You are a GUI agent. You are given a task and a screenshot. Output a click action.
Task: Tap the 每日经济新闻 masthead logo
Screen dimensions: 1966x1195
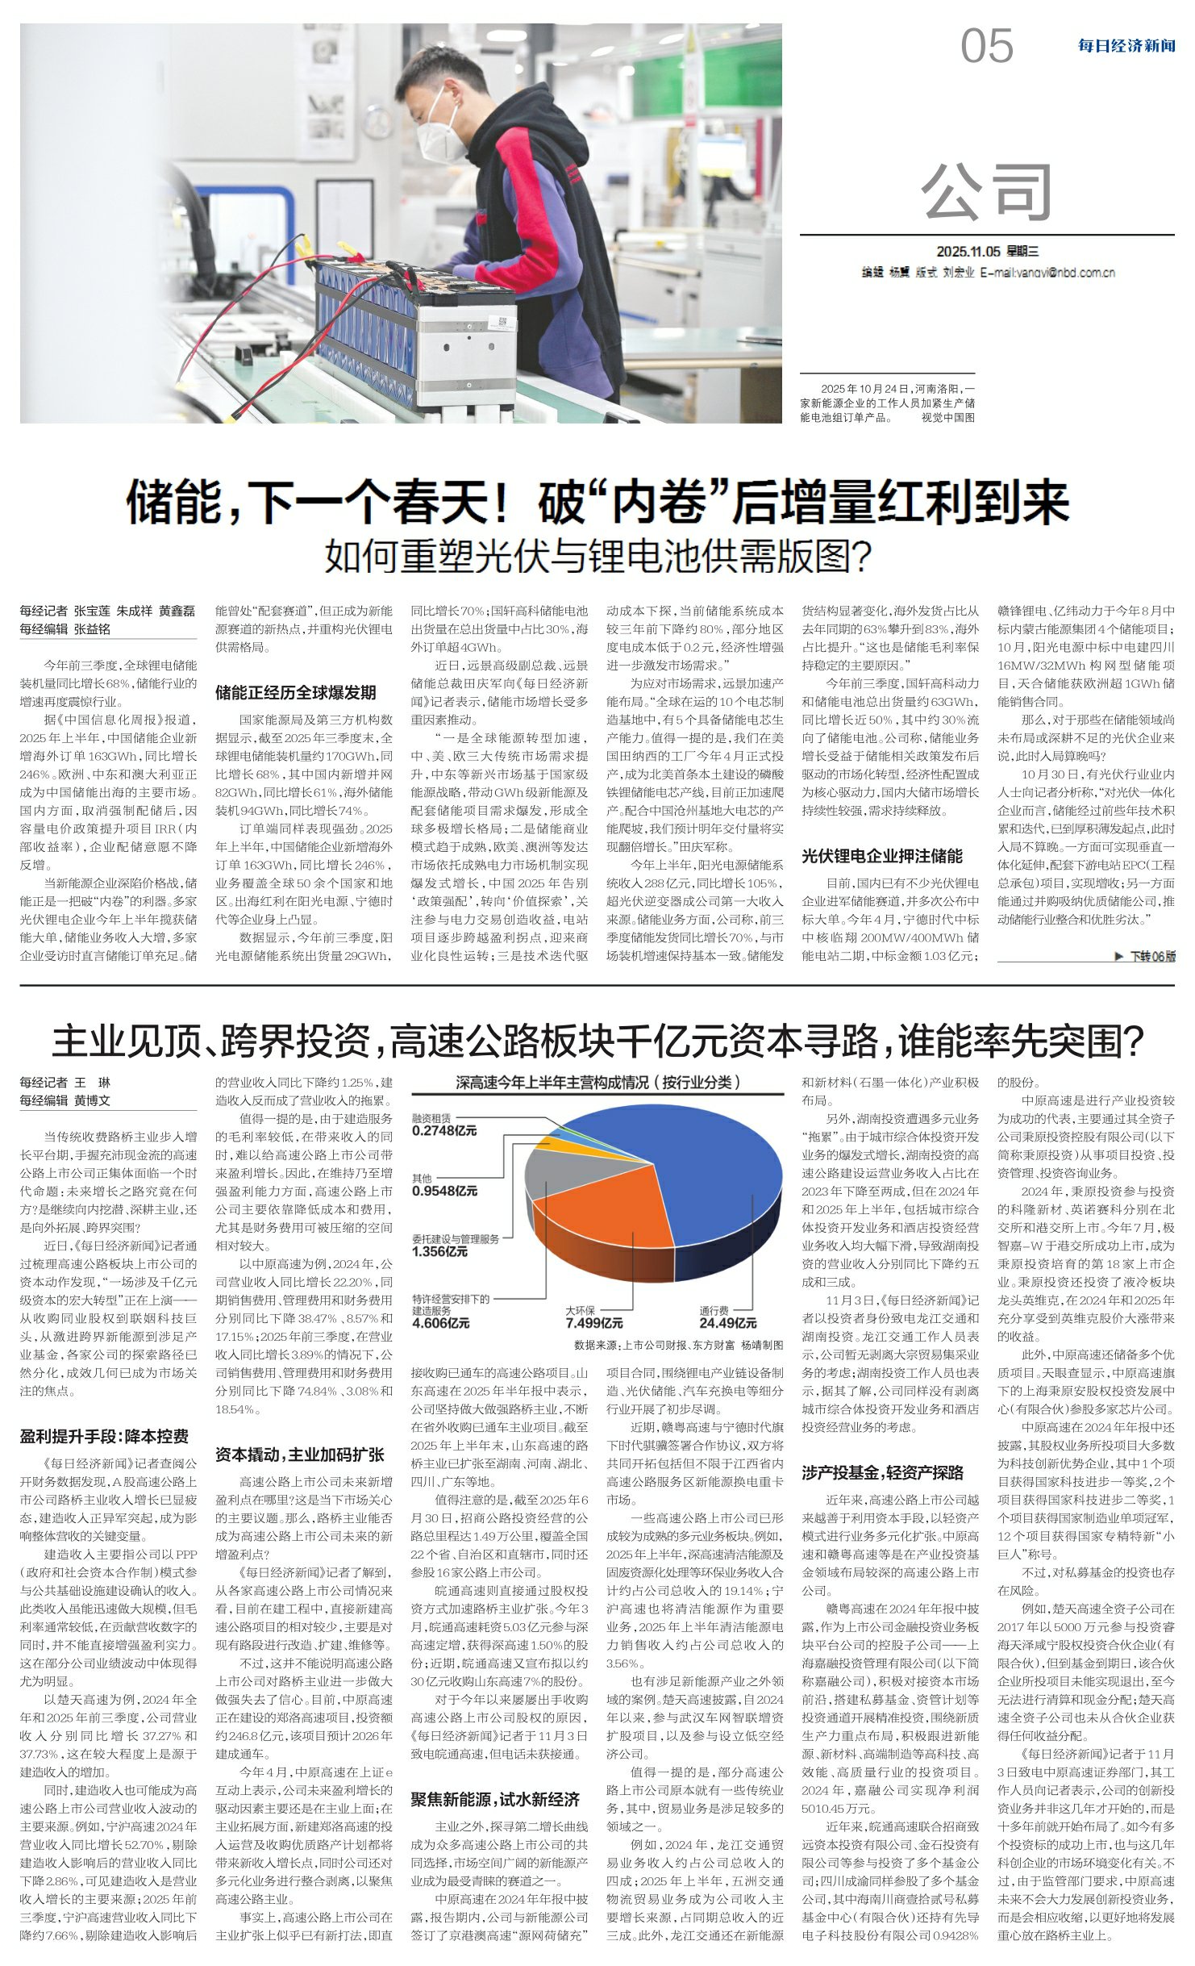tap(1126, 46)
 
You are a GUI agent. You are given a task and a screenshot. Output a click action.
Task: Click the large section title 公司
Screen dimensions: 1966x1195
tap(987, 192)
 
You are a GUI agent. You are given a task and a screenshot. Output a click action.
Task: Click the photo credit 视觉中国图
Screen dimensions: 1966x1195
tap(948, 417)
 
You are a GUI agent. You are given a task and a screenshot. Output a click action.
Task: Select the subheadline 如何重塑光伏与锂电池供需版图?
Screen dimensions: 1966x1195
tap(597, 556)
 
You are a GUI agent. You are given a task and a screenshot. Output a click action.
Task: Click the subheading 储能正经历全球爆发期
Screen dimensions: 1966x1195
tap(295, 692)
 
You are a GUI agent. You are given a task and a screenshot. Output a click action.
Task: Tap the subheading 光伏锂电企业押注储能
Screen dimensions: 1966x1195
tap(882, 855)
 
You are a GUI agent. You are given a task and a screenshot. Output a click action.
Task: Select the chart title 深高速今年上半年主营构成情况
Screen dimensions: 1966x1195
tap(597, 1083)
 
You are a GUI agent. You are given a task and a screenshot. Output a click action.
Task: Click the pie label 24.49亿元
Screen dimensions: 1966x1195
tap(727, 1323)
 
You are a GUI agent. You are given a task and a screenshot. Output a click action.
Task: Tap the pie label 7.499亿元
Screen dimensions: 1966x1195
tap(594, 1323)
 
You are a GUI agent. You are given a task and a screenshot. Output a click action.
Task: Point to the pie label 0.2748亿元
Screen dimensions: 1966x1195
tap(444, 1131)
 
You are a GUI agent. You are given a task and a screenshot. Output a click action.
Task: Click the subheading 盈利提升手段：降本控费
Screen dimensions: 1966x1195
tap(104, 1436)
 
